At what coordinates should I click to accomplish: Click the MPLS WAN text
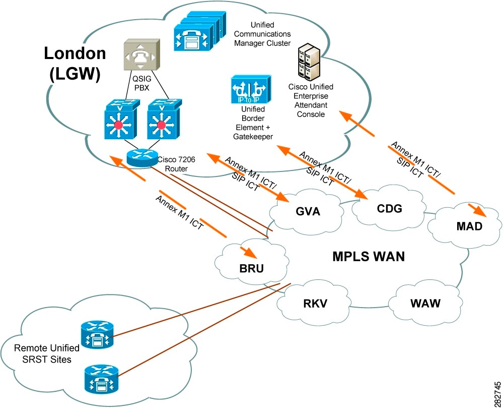click(x=369, y=256)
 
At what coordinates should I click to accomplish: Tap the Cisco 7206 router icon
click(x=142, y=157)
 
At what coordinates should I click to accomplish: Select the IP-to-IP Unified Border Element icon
click(x=250, y=89)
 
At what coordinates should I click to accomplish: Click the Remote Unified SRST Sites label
click(x=46, y=353)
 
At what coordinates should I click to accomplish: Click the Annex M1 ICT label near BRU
click(x=180, y=213)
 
